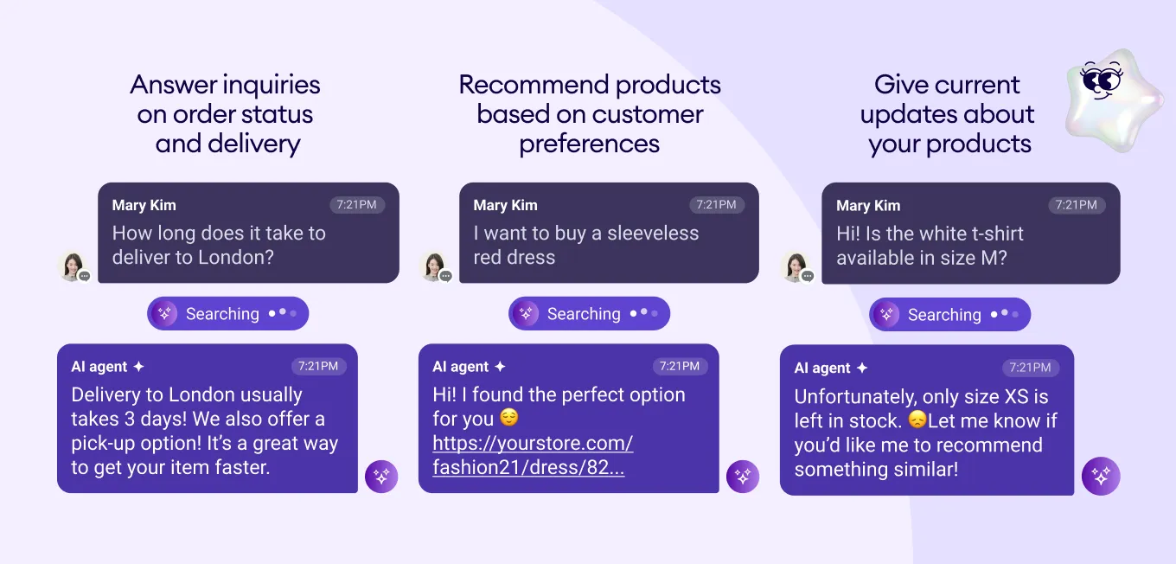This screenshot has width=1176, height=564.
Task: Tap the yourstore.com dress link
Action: coord(533,455)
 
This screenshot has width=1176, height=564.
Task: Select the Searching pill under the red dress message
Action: coord(589,314)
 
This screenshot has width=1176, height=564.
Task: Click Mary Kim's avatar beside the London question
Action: coord(73,266)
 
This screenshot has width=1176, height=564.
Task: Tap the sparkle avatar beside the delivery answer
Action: coord(381,476)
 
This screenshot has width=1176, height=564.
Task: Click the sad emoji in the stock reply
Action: coord(917,420)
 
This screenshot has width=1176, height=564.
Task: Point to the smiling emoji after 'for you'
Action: coord(509,419)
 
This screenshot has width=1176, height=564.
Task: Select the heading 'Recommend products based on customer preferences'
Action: coord(590,114)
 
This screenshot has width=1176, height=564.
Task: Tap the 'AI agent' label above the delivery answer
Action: coord(99,367)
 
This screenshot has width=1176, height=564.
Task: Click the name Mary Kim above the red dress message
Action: coord(505,205)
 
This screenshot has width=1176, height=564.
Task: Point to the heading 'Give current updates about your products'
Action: coord(949,114)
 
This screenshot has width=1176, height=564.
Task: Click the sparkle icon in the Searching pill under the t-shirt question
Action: coord(886,315)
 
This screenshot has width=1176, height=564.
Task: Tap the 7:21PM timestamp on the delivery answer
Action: coord(318,366)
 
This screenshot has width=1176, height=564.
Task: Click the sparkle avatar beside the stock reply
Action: coord(1101,476)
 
